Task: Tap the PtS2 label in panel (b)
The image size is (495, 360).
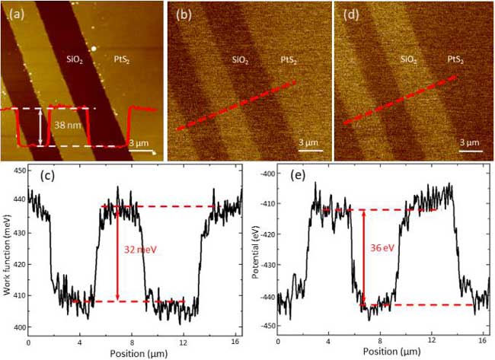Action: [289, 59]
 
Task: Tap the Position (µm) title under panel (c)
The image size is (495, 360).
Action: [134, 352]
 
